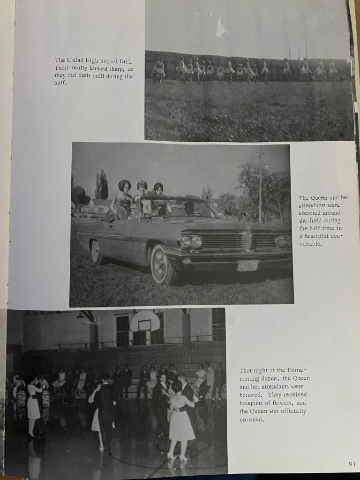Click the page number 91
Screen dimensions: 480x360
pos(352,464)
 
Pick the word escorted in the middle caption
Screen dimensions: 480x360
pos(309,213)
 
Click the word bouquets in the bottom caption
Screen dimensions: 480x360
pos(255,403)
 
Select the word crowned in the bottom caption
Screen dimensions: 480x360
pos(251,419)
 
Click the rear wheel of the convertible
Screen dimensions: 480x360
pos(96,251)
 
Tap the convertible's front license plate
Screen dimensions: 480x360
pos(247,266)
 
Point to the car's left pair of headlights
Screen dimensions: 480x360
pos(190,241)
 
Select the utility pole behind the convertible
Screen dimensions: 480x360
pos(261,185)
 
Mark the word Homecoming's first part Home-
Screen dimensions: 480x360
pos(295,370)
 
